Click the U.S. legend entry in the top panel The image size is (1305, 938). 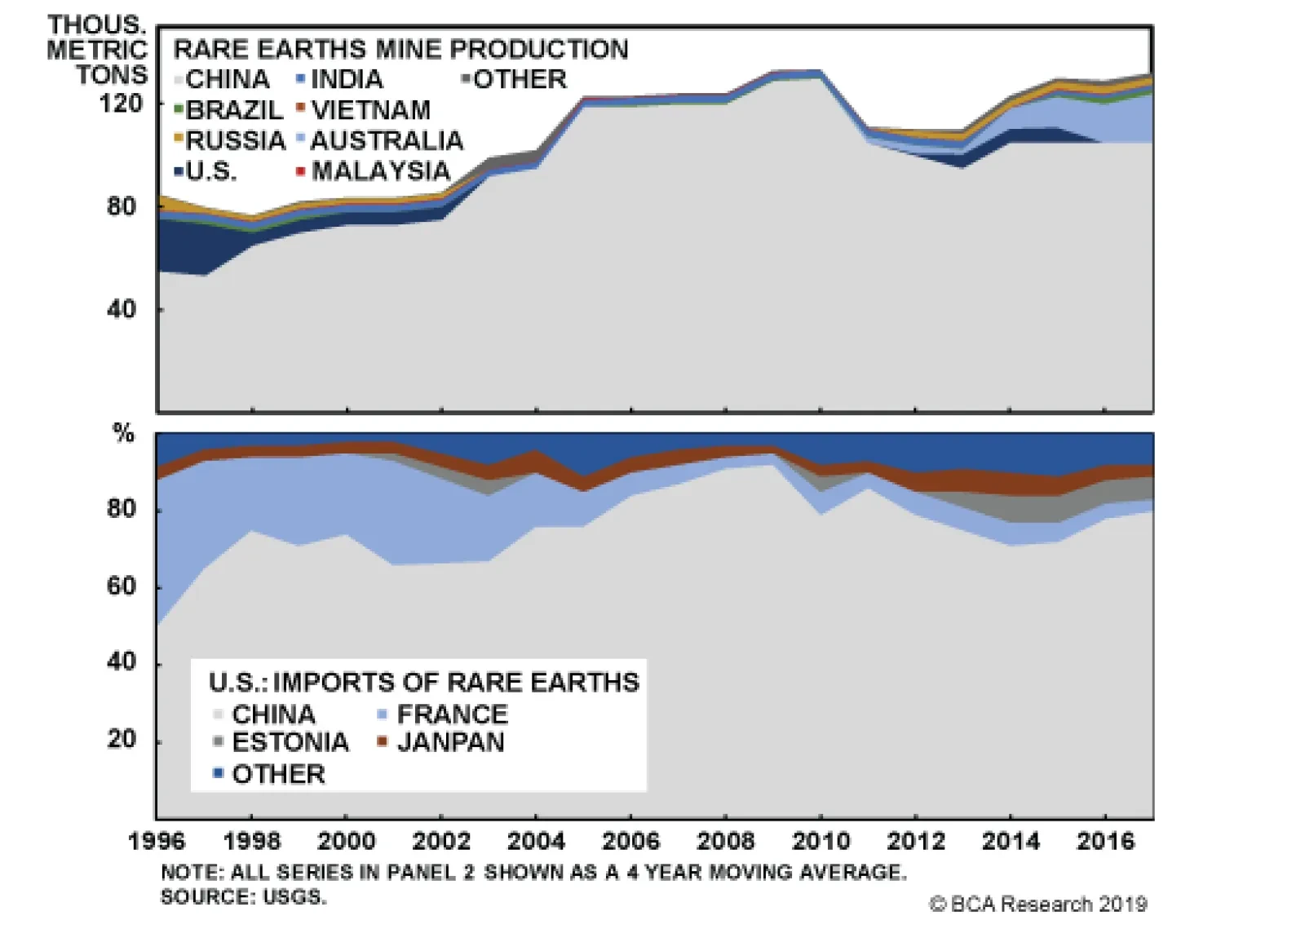[x=210, y=171]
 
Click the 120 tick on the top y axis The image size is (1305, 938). [x=121, y=104]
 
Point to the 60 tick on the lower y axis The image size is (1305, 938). [x=121, y=586]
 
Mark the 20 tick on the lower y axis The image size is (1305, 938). [x=121, y=740]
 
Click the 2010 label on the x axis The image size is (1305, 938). [x=821, y=841]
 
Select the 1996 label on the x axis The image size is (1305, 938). [x=157, y=841]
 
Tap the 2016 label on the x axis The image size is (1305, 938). [x=1105, y=841]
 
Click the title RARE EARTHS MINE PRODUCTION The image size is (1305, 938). [x=400, y=50]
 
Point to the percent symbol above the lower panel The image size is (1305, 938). [x=123, y=433]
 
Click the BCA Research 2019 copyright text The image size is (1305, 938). [x=1037, y=904]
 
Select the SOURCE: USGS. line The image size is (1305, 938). [x=243, y=897]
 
